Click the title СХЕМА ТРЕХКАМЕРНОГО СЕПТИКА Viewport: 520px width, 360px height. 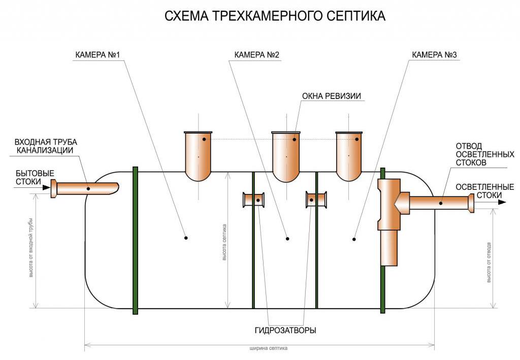tap(275, 16)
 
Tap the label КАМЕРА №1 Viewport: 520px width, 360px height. tap(97, 55)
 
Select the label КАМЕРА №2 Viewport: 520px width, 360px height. tap(257, 55)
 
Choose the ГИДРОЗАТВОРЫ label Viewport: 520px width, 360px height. tap(285, 330)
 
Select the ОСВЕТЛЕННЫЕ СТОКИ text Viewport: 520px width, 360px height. tap(484, 191)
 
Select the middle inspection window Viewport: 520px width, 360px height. tap(286, 154)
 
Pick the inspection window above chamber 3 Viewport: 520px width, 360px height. tap(350, 154)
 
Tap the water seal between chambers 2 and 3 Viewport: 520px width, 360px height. tap(316, 200)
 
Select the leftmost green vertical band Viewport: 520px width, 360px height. tap(135, 240)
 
